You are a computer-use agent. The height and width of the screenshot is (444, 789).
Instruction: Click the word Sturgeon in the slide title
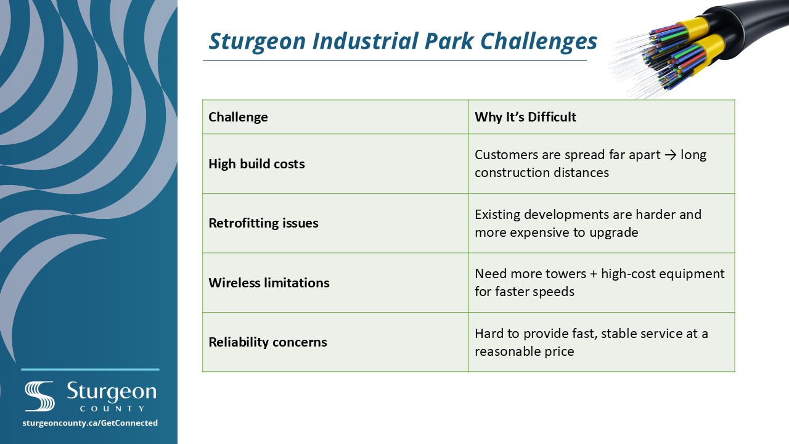(257, 42)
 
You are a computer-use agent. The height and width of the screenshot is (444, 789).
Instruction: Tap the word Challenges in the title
(539, 42)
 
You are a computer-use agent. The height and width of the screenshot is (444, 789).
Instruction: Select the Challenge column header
(238, 117)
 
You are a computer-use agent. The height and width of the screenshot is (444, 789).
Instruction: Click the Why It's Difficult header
(525, 117)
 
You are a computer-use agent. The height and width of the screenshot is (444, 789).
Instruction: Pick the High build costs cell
(256, 164)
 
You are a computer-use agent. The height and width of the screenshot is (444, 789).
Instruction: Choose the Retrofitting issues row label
(263, 223)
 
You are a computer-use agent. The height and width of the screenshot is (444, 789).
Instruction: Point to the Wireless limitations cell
(269, 282)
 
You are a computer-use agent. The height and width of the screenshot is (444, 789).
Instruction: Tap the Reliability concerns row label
(268, 342)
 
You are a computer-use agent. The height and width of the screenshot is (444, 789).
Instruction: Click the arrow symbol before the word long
(671, 155)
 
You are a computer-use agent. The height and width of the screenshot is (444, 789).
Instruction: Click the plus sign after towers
(594, 274)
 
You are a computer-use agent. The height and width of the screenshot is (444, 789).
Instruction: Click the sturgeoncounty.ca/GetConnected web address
(90, 423)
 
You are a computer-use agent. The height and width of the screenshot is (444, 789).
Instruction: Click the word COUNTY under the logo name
(112, 409)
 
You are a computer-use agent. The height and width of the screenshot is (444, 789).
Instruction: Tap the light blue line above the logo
(90, 369)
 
